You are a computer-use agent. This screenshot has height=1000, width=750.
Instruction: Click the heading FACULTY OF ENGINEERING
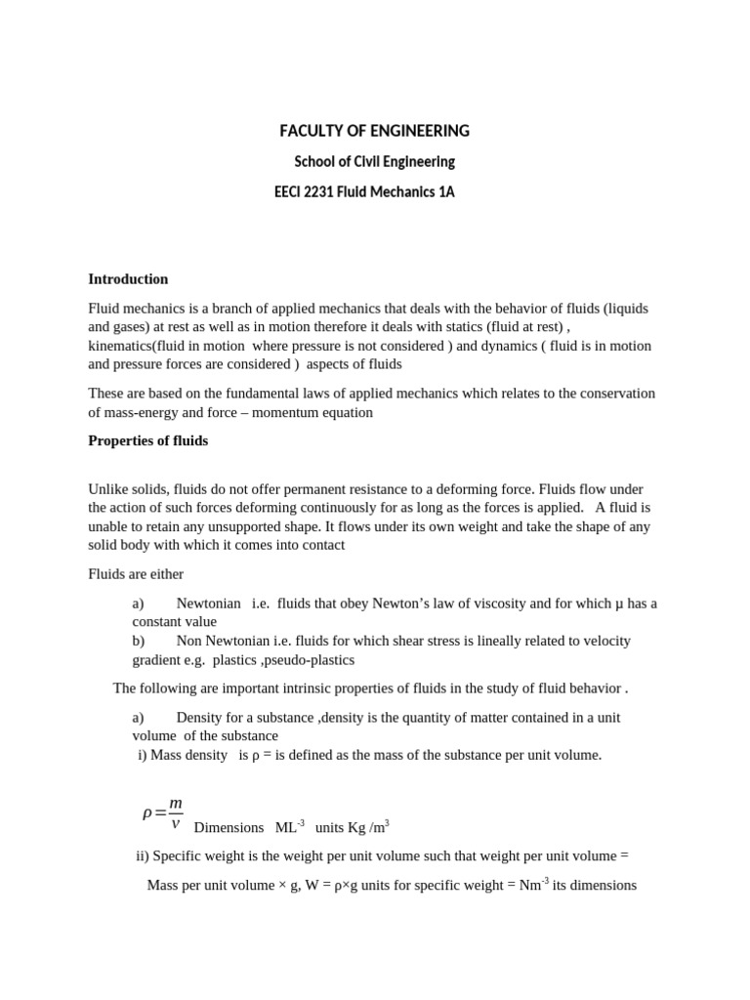pyautogui.click(x=374, y=131)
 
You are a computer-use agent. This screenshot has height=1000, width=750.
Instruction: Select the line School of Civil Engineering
pyautogui.click(x=374, y=161)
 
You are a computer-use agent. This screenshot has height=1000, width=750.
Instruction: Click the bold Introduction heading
pyautogui.click(x=128, y=279)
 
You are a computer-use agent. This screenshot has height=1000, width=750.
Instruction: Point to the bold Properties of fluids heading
pyautogui.click(x=147, y=440)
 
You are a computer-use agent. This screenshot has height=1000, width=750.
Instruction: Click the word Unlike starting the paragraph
pyautogui.click(x=107, y=489)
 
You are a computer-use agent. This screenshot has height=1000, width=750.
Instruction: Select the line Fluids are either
pyautogui.click(x=136, y=574)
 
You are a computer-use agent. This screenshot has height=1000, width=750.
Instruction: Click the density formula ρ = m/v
pyautogui.click(x=162, y=812)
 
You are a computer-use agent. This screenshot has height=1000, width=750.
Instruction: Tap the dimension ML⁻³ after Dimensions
pyautogui.click(x=290, y=827)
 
